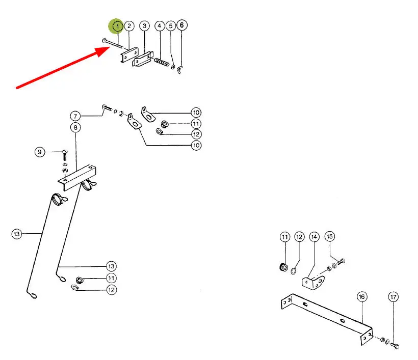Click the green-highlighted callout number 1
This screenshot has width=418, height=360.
[x=117, y=25]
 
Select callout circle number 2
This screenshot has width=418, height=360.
[x=129, y=25]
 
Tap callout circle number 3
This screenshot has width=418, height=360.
[x=145, y=25]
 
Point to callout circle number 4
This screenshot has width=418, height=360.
[x=160, y=25]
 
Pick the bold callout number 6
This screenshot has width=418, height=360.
[x=182, y=25]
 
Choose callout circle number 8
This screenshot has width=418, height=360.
[x=75, y=127]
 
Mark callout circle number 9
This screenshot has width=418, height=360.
[x=39, y=151]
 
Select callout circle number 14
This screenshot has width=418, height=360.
[x=314, y=237]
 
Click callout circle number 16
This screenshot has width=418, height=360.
[x=361, y=296]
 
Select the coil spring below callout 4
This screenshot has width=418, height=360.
[x=162, y=64]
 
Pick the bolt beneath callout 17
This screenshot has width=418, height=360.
[x=396, y=346]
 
